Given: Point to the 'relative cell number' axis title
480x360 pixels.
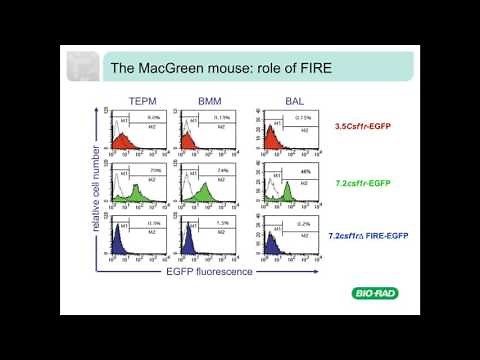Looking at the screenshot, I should pyautogui.click(x=93, y=188).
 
